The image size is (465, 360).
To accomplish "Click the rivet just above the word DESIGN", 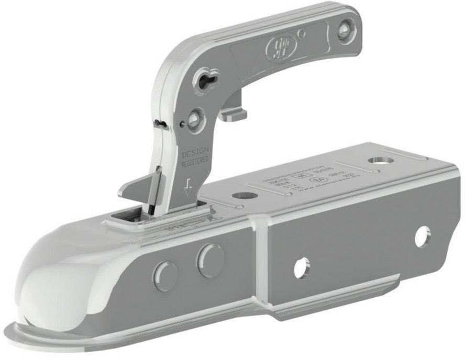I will click(x=194, y=119).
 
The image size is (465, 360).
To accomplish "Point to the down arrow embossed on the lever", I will click(x=188, y=184).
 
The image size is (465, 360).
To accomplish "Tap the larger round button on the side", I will click(x=210, y=260).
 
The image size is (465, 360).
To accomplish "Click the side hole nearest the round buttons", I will click(x=302, y=267).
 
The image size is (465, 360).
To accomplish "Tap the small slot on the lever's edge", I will click(x=161, y=124).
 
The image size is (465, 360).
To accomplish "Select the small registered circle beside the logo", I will click(x=301, y=33).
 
